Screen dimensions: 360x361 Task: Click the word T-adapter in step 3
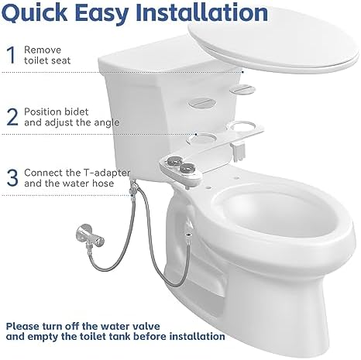(109, 172)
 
